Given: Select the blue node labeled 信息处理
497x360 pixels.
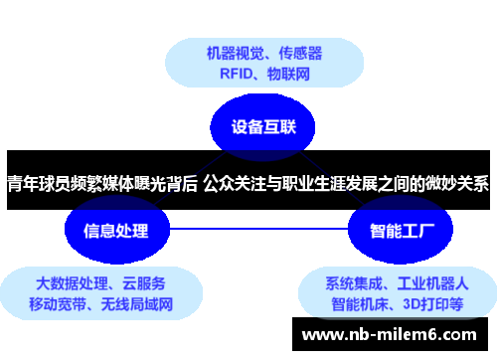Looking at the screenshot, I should (x=116, y=231).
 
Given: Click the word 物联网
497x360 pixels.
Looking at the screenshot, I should (x=291, y=74).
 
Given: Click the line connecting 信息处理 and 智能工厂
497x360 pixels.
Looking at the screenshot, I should (x=258, y=231).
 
